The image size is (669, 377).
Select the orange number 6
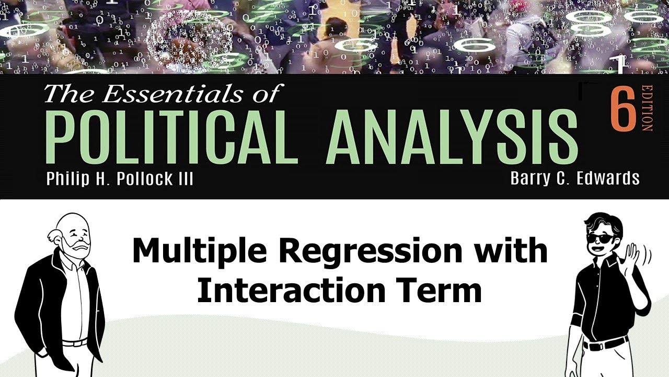coord(621,108)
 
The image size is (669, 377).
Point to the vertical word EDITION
coord(647,108)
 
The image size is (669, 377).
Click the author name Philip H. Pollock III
coord(120,179)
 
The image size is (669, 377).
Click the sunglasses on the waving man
coord(601,238)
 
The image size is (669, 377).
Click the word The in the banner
coord(65,94)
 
